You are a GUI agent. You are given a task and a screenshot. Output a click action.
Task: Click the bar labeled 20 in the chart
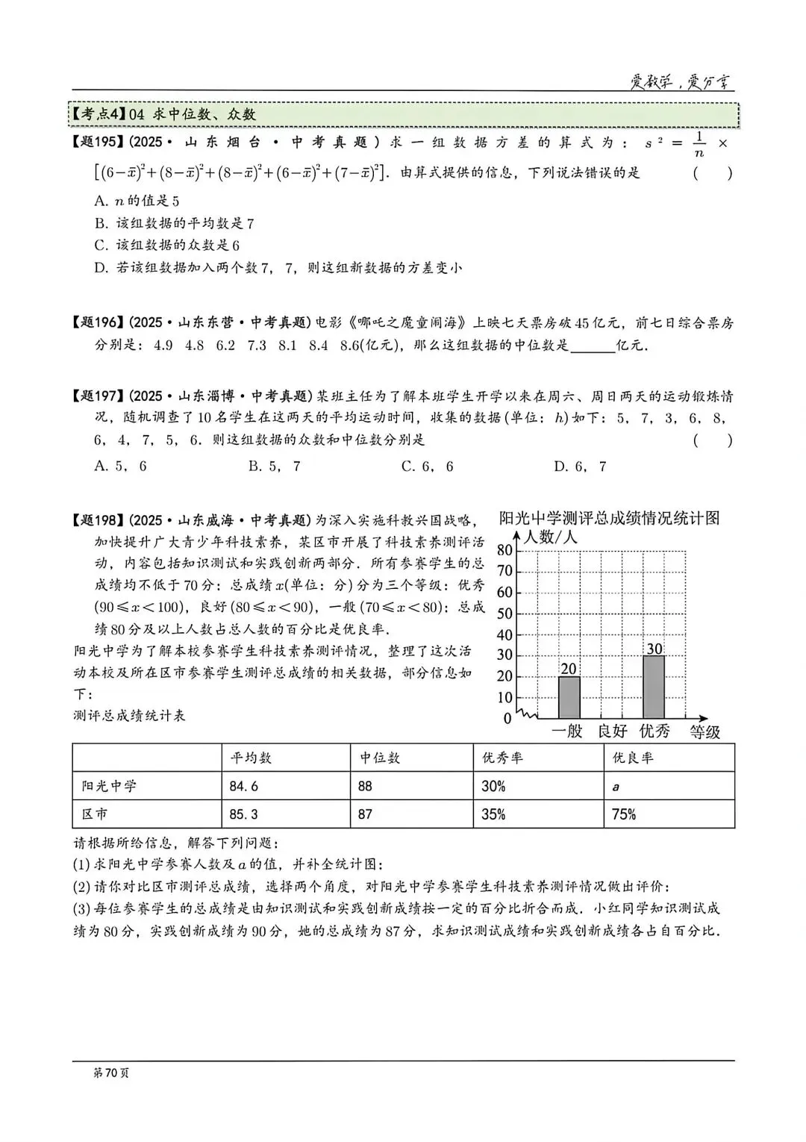pyautogui.click(x=569, y=697)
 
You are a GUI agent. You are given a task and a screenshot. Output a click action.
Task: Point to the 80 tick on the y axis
pyautogui.click(x=504, y=551)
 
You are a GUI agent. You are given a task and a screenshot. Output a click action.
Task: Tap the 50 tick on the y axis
pyautogui.click(x=504, y=614)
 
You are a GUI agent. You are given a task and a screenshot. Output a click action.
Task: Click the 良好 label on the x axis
pyautogui.click(x=612, y=731)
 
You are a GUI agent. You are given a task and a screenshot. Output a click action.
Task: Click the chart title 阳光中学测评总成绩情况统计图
pyautogui.click(x=609, y=518)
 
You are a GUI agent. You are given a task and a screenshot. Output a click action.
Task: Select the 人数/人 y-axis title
pyautogui.click(x=550, y=537)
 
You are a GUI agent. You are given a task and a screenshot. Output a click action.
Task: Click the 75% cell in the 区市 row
pyautogui.click(x=624, y=814)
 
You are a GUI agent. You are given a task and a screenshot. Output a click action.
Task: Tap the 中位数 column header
pyautogui.click(x=380, y=758)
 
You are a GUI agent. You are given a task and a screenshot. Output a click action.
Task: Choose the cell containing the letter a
pyautogui.click(x=616, y=786)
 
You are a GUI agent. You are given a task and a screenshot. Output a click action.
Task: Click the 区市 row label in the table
pyautogui.click(x=95, y=814)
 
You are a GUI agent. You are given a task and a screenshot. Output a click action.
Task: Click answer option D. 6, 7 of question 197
pyautogui.click(x=580, y=467)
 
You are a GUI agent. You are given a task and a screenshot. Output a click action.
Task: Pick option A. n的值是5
pyautogui.click(x=137, y=201)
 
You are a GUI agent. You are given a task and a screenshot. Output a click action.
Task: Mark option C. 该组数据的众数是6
pyautogui.click(x=166, y=245)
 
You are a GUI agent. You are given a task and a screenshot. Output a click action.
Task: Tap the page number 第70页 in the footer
pyautogui.click(x=110, y=1073)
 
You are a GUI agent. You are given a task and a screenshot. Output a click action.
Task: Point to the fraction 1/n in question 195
pyautogui.click(x=698, y=144)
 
